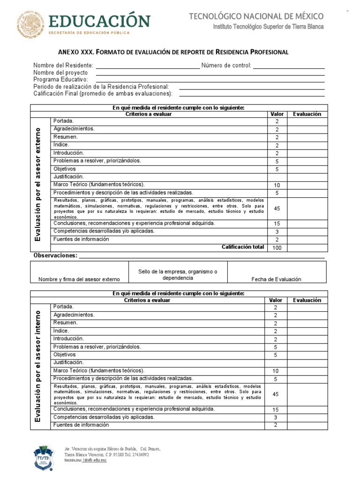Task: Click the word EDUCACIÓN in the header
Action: tap(99, 21)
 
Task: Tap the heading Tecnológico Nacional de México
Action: tap(256, 16)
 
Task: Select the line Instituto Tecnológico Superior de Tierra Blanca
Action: tap(268, 27)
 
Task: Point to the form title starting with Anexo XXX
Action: tap(173, 52)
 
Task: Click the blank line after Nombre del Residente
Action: tap(147, 66)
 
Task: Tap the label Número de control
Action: tap(226, 66)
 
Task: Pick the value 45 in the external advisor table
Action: tap(277, 209)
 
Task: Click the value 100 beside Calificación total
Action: tap(277, 248)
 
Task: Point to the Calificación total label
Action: tap(243, 247)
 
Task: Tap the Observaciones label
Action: tap(55, 255)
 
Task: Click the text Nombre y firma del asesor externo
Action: tap(79, 279)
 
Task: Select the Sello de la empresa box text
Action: tap(178, 275)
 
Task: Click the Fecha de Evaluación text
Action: tap(276, 279)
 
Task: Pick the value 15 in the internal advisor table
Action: tap(276, 410)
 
